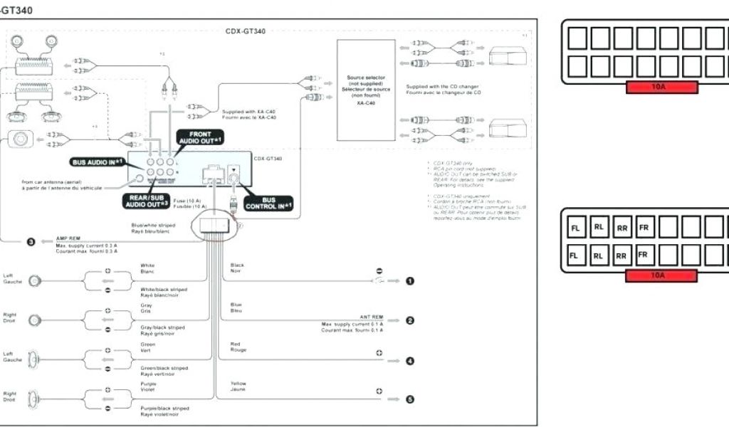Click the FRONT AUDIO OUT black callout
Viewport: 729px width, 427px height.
[x=200, y=138]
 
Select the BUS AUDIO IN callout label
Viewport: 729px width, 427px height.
[x=98, y=162]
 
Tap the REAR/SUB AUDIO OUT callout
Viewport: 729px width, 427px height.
[x=148, y=200]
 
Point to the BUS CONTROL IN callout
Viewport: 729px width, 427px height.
[x=268, y=204]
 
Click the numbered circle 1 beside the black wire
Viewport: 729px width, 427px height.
[x=409, y=281]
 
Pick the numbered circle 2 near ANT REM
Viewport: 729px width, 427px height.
[x=409, y=321]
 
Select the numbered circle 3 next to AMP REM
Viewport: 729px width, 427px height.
[x=31, y=243]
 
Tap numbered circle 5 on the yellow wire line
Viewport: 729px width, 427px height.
[x=409, y=400]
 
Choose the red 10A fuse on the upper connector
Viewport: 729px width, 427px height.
[x=662, y=88]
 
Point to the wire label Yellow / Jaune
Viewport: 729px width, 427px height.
[x=238, y=386]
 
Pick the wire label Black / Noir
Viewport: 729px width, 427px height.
[x=237, y=268]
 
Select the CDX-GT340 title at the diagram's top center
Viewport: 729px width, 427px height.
[x=246, y=31]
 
